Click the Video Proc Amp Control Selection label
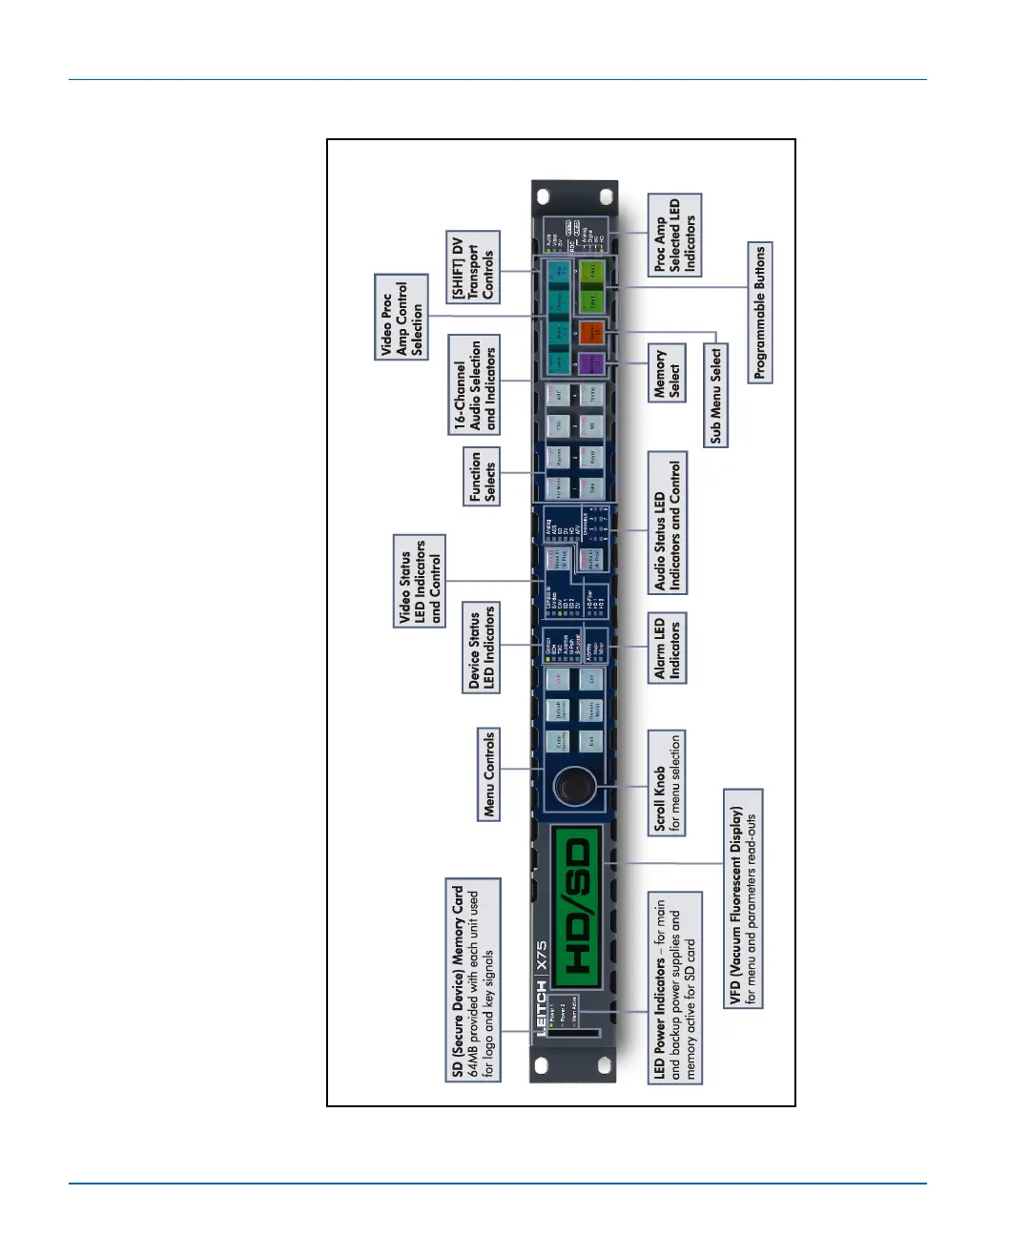[402, 317]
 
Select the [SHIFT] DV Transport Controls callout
[473, 268]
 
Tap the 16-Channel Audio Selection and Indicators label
[474, 384]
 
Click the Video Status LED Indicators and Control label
[421, 581]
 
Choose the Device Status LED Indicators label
[482, 646]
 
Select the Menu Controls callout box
[489, 774]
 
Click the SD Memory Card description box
[473, 980]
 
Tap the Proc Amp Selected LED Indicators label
[674, 236]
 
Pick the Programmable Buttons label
[760, 313]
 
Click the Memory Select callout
[668, 373]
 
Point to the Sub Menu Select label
[716, 396]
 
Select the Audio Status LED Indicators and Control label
[668, 523]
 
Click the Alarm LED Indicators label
[668, 648]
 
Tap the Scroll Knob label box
[667, 783]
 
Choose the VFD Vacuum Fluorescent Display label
[743, 898]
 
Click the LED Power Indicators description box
[676, 988]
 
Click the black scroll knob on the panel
[574, 788]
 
